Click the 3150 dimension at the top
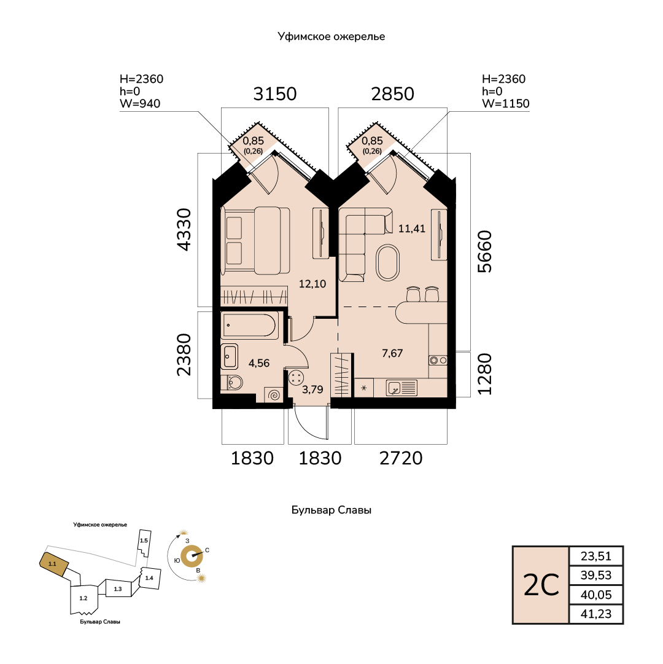275,93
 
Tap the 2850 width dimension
393,93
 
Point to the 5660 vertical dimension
485,252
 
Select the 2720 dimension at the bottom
401,458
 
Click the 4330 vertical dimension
184,230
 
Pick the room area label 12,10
312,284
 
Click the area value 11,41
412,228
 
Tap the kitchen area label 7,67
392,353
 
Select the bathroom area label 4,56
259,363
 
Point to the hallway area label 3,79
312,389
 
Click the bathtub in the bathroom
250,326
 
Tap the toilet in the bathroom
232,383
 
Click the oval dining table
387,262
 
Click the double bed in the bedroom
255,241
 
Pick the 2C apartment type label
541,585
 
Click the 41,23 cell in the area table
596,614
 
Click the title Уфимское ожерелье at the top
331,36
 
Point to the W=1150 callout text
506,103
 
